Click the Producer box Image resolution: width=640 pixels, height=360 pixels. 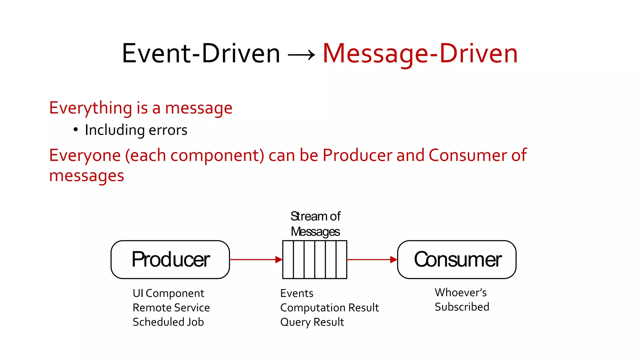[170, 259]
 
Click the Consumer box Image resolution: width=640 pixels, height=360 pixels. [457, 259]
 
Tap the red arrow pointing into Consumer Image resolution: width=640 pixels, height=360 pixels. [372, 259]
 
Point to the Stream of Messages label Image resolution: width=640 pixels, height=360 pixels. [315, 224]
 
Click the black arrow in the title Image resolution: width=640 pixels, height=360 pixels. [301, 56]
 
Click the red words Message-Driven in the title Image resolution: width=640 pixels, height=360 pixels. [420, 54]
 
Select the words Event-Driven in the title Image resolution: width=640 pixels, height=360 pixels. [201, 54]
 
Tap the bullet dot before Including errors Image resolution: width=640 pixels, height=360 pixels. [76, 129]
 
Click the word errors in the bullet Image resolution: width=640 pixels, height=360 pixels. [168, 130]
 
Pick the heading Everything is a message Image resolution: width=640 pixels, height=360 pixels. [141, 108]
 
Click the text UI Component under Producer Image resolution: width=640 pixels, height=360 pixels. [168, 293]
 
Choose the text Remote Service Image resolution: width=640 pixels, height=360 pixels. [171, 307]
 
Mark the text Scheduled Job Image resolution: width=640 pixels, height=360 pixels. [168, 322]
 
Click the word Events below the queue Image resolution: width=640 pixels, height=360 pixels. [297, 293]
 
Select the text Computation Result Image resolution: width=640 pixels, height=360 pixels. [329, 307]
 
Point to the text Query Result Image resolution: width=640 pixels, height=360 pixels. [312, 322]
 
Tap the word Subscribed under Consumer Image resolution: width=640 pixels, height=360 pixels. [462, 307]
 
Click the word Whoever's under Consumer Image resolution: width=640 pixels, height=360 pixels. [461, 292]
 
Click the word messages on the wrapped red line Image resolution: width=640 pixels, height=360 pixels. [87, 176]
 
